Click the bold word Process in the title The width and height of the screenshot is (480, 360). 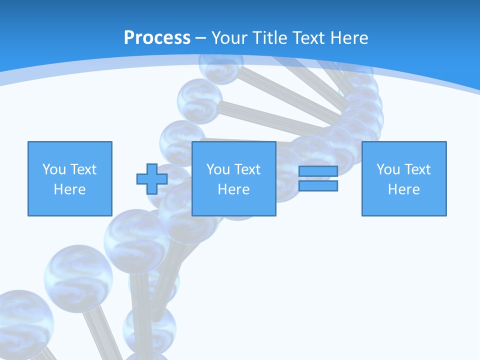[x=157, y=38]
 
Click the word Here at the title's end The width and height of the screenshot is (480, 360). [x=350, y=38]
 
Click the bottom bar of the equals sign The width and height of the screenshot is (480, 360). [x=318, y=186]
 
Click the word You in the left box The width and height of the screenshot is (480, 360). [x=53, y=169]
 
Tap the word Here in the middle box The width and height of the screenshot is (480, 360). [x=233, y=189]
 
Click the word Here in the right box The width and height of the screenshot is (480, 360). [x=403, y=189]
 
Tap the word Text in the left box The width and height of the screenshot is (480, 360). [x=84, y=169]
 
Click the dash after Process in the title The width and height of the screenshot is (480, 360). [x=200, y=38]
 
